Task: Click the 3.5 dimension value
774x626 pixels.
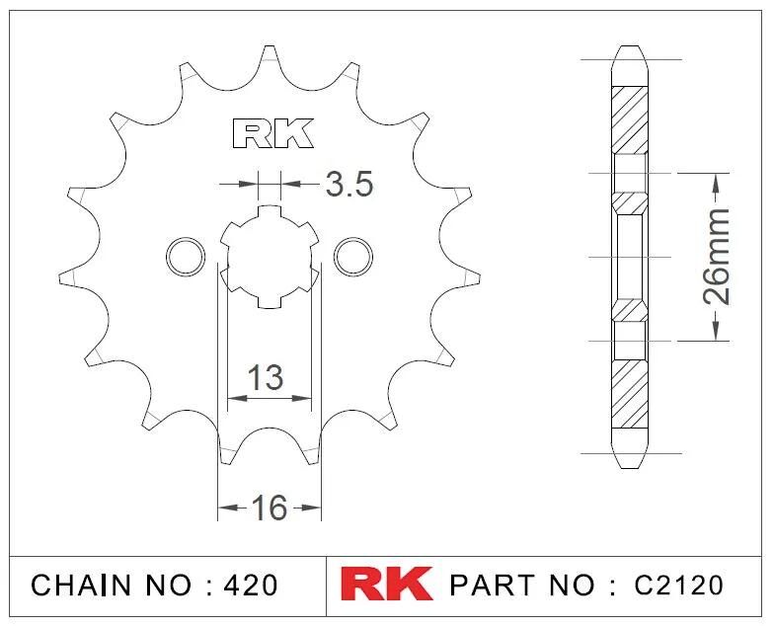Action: pos(348,184)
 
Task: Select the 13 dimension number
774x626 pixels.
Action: pos(265,377)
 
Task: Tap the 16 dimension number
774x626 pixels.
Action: pos(269,508)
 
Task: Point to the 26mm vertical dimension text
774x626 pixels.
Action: pos(716,257)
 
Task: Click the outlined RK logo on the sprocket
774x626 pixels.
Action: pos(272,133)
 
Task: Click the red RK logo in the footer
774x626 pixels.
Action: pos(387,585)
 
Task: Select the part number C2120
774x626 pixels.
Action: pos(678,585)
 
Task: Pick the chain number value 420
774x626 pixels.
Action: pos(251,585)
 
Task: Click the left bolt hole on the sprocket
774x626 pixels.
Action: pos(186,257)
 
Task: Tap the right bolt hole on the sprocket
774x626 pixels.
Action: pos(353,257)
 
